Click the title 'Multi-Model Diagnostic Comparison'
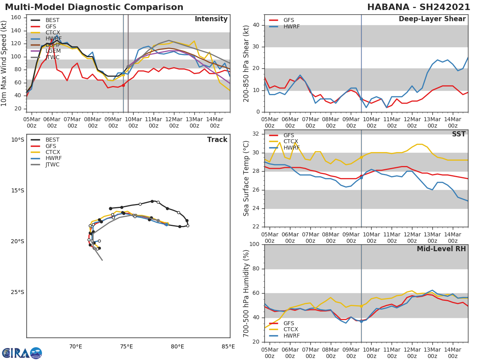(94, 7)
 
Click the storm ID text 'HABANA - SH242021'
(418, 7)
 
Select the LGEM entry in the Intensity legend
(53, 51)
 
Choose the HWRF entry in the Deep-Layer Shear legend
(291, 26)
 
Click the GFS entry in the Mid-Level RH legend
(288, 323)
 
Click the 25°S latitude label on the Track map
(17, 292)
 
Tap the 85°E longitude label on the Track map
(228, 346)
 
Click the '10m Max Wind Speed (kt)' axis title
(5, 64)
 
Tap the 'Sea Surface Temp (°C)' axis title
(246, 178)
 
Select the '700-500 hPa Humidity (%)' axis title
(246, 293)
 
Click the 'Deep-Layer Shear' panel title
(432, 19)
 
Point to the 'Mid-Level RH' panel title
(441, 249)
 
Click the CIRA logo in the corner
(22, 353)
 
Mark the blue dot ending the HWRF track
(166, 224)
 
